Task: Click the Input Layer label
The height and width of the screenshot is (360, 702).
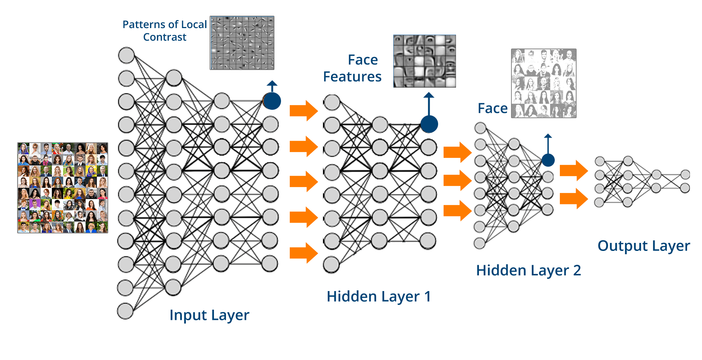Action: pyautogui.click(x=209, y=315)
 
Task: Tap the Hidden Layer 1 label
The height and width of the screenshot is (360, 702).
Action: pyautogui.click(x=379, y=297)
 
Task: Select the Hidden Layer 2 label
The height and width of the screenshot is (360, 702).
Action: pyautogui.click(x=528, y=271)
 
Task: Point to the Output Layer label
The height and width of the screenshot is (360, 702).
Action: pyautogui.click(x=644, y=246)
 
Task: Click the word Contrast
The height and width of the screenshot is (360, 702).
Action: pyautogui.click(x=165, y=37)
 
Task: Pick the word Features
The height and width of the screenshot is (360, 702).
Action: pyautogui.click(x=352, y=77)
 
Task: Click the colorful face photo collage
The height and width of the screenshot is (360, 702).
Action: pyautogui.click(x=63, y=188)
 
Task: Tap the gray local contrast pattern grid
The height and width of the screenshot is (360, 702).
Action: pyautogui.click(x=242, y=43)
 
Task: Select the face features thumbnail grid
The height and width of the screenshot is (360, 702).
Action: pyautogui.click(x=425, y=61)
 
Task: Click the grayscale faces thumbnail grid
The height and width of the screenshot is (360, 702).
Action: pyautogui.click(x=543, y=83)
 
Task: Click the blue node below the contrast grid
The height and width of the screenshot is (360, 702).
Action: pyautogui.click(x=272, y=101)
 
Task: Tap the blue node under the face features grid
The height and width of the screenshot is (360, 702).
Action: pyautogui.click(x=429, y=124)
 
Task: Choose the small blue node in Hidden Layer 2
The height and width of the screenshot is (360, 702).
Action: pyautogui.click(x=548, y=160)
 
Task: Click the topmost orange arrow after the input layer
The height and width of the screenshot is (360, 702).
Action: pyautogui.click(x=304, y=111)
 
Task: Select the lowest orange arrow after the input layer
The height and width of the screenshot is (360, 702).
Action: pyautogui.click(x=304, y=253)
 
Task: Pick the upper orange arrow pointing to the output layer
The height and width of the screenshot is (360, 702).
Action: pyautogui.click(x=574, y=170)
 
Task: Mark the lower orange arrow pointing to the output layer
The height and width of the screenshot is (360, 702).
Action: pyautogui.click(x=574, y=198)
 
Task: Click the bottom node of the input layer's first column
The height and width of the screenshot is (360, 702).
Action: pyautogui.click(x=125, y=311)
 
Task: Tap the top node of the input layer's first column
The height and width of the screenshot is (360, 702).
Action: pyautogui.click(x=126, y=55)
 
